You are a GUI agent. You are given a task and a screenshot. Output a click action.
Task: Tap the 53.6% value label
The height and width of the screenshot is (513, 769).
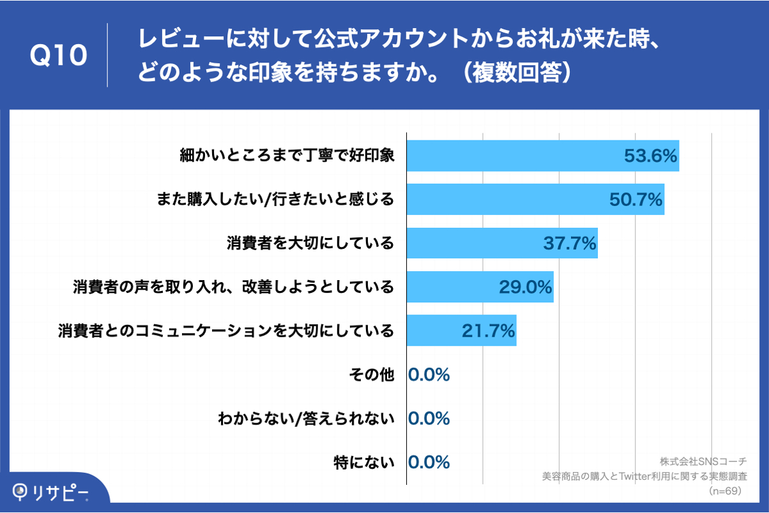650,156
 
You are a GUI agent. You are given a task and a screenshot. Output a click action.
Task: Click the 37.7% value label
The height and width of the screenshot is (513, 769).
570,243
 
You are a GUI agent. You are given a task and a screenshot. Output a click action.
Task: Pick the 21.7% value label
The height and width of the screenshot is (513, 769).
488,331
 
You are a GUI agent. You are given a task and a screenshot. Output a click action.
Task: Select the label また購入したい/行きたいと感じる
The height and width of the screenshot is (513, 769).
275,200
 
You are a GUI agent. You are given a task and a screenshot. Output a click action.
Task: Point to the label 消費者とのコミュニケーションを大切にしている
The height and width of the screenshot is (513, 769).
225,331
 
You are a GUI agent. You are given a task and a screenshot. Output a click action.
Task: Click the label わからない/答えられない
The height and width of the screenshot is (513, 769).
306,419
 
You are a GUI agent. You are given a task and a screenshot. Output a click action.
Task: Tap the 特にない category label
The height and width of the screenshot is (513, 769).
363,462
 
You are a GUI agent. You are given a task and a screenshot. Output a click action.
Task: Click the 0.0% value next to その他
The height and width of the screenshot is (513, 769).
429,375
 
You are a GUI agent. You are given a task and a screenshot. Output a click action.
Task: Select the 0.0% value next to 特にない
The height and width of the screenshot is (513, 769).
429,462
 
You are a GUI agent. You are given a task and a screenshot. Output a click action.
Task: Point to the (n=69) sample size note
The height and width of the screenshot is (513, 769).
724,491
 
